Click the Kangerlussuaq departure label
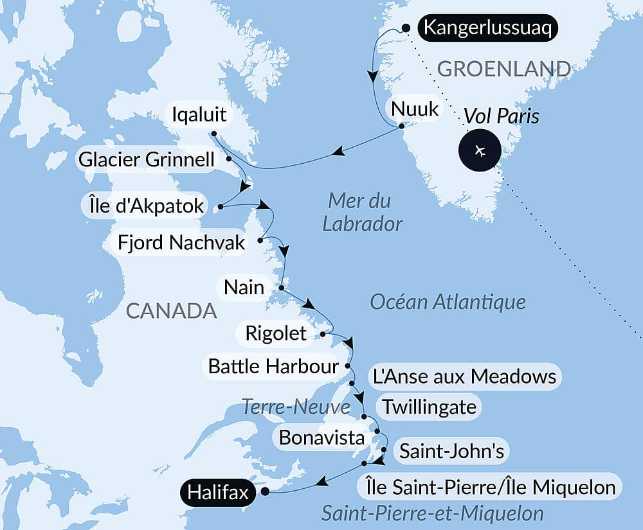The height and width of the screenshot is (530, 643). pos(487,28)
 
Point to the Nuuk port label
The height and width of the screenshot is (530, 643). pos(415,109)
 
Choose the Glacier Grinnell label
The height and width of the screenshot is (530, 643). pos(146,159)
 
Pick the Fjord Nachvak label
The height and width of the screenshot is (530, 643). pos(182,242)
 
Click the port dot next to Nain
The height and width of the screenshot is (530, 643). pos(281,287)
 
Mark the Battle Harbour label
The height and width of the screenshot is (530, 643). pos(273,366)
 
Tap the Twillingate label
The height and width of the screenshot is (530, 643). pos(429,407)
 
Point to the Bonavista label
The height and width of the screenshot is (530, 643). pos(321,438)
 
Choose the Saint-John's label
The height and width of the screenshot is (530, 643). pos(451,451)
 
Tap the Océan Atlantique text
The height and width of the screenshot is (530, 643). pos(448,301)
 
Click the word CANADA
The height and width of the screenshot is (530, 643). pos(170,311)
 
